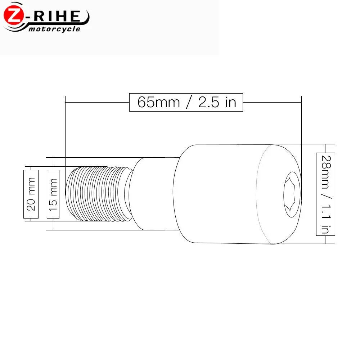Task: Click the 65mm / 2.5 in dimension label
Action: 186,102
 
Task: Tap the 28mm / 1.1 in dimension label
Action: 325,194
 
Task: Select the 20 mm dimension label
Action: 31,194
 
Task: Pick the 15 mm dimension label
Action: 53,194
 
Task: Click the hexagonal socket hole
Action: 292,194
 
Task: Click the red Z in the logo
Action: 14,15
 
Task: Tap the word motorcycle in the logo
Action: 54,29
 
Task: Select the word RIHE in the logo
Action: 57,16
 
